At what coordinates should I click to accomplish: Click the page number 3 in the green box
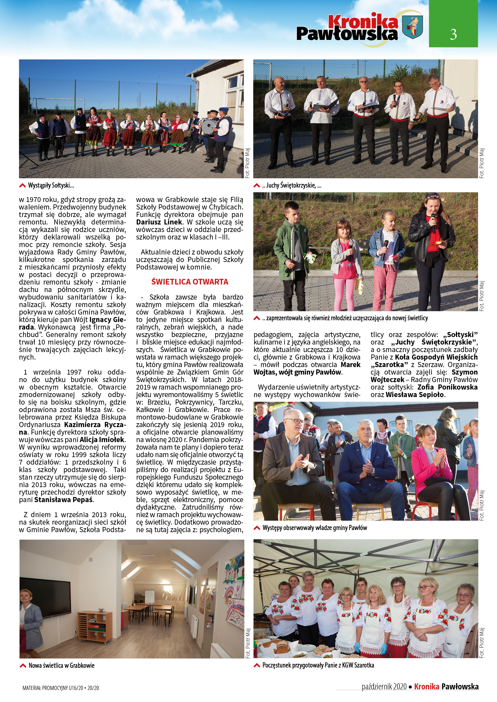(x=453, y=34)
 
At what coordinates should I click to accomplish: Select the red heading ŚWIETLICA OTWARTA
(x=190, y=282)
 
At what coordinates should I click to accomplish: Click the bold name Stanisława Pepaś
(x=64, y=500)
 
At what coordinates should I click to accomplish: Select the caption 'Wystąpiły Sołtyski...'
(x=51, y=185)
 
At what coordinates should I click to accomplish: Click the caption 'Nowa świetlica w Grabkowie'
(x=61, y=665)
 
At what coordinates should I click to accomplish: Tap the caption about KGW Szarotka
(x=318, y=665)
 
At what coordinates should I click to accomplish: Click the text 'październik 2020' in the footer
(x=384, y=686)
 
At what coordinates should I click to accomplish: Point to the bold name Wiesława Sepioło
(x=415, y=395)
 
